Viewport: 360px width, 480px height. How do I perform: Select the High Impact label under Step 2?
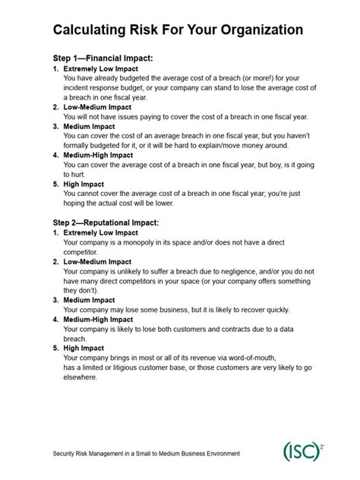85,346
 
